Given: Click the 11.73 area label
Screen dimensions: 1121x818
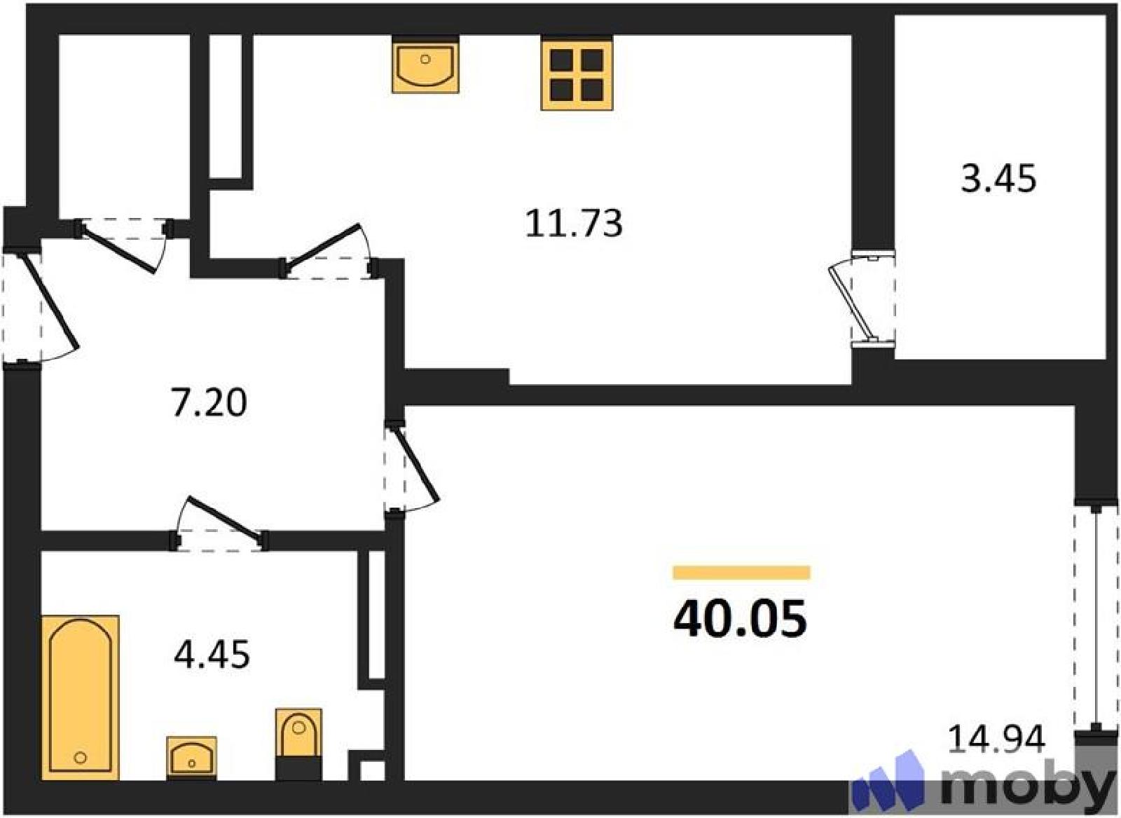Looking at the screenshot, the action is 574,224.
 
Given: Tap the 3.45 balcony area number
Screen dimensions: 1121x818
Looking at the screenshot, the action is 998,179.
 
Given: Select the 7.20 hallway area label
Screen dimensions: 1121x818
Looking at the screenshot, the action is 209,403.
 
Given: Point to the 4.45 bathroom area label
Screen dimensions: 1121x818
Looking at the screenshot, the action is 212,655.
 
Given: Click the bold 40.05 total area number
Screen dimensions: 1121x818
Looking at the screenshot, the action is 740,619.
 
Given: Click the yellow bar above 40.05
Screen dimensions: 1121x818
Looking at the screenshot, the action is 741,572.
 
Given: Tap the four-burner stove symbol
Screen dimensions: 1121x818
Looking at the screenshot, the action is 577,74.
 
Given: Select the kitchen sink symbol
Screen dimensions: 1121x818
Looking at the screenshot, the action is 425,66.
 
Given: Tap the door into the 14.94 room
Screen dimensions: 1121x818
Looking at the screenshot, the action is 411,465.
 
